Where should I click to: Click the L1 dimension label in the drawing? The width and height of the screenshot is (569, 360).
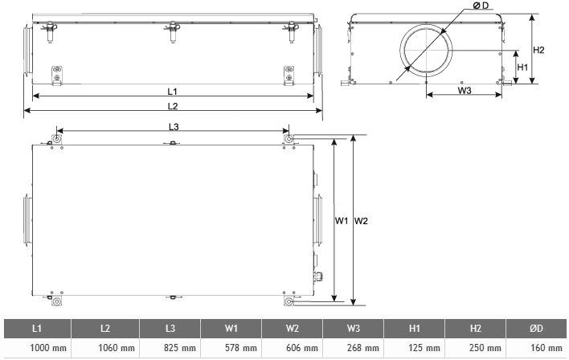[172, 92]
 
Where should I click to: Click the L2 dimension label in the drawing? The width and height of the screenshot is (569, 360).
[173, 106]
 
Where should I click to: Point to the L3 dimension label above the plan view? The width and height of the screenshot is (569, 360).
[174, 127]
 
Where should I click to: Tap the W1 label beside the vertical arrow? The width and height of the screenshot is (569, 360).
[342, 221]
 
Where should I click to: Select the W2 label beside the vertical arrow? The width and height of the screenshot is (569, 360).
[361, 221]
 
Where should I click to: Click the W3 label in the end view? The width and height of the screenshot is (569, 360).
[465, 90]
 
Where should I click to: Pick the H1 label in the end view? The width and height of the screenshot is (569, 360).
[522, 67]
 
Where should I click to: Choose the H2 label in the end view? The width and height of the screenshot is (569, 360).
[539, 50]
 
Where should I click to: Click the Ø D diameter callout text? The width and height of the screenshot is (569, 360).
[481, 6]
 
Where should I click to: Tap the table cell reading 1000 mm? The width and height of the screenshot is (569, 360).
[48, 348]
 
